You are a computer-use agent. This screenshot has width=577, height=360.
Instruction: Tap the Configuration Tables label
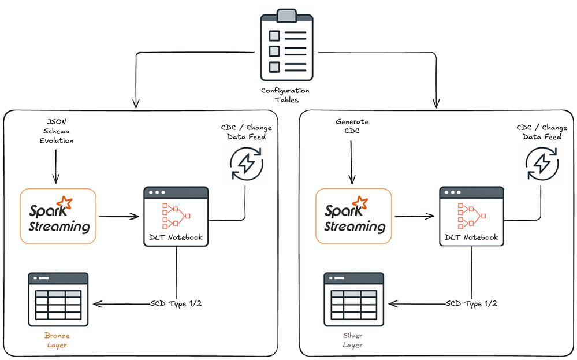point(285,95)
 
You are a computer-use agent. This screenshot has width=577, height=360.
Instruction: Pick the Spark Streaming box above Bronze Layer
point(58,216)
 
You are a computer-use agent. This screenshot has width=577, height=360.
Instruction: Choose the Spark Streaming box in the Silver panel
point(353,216)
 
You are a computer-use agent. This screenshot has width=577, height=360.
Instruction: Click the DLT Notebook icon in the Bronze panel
point(176,216)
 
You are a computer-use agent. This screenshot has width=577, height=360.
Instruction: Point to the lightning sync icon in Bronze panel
point(246,164)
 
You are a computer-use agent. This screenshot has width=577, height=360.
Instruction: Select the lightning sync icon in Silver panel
point(542,164)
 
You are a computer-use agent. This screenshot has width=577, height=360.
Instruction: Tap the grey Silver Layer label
point(352,340)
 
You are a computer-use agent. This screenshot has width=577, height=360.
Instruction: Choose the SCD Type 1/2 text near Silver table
point(471,304)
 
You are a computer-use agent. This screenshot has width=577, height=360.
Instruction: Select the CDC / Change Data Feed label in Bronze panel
point(246,132)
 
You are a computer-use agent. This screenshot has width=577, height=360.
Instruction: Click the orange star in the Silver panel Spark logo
point(362,202)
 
